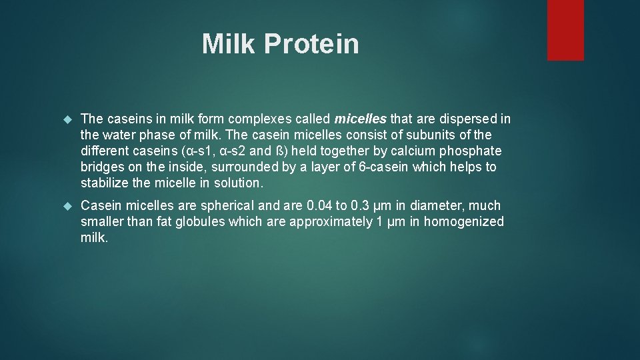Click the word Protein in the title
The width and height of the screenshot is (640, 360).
311,44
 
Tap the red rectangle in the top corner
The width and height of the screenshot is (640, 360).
565,30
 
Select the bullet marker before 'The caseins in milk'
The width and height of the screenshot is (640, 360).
66,119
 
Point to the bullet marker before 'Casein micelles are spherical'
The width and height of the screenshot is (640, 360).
66,206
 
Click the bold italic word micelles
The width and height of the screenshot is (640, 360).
360,119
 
